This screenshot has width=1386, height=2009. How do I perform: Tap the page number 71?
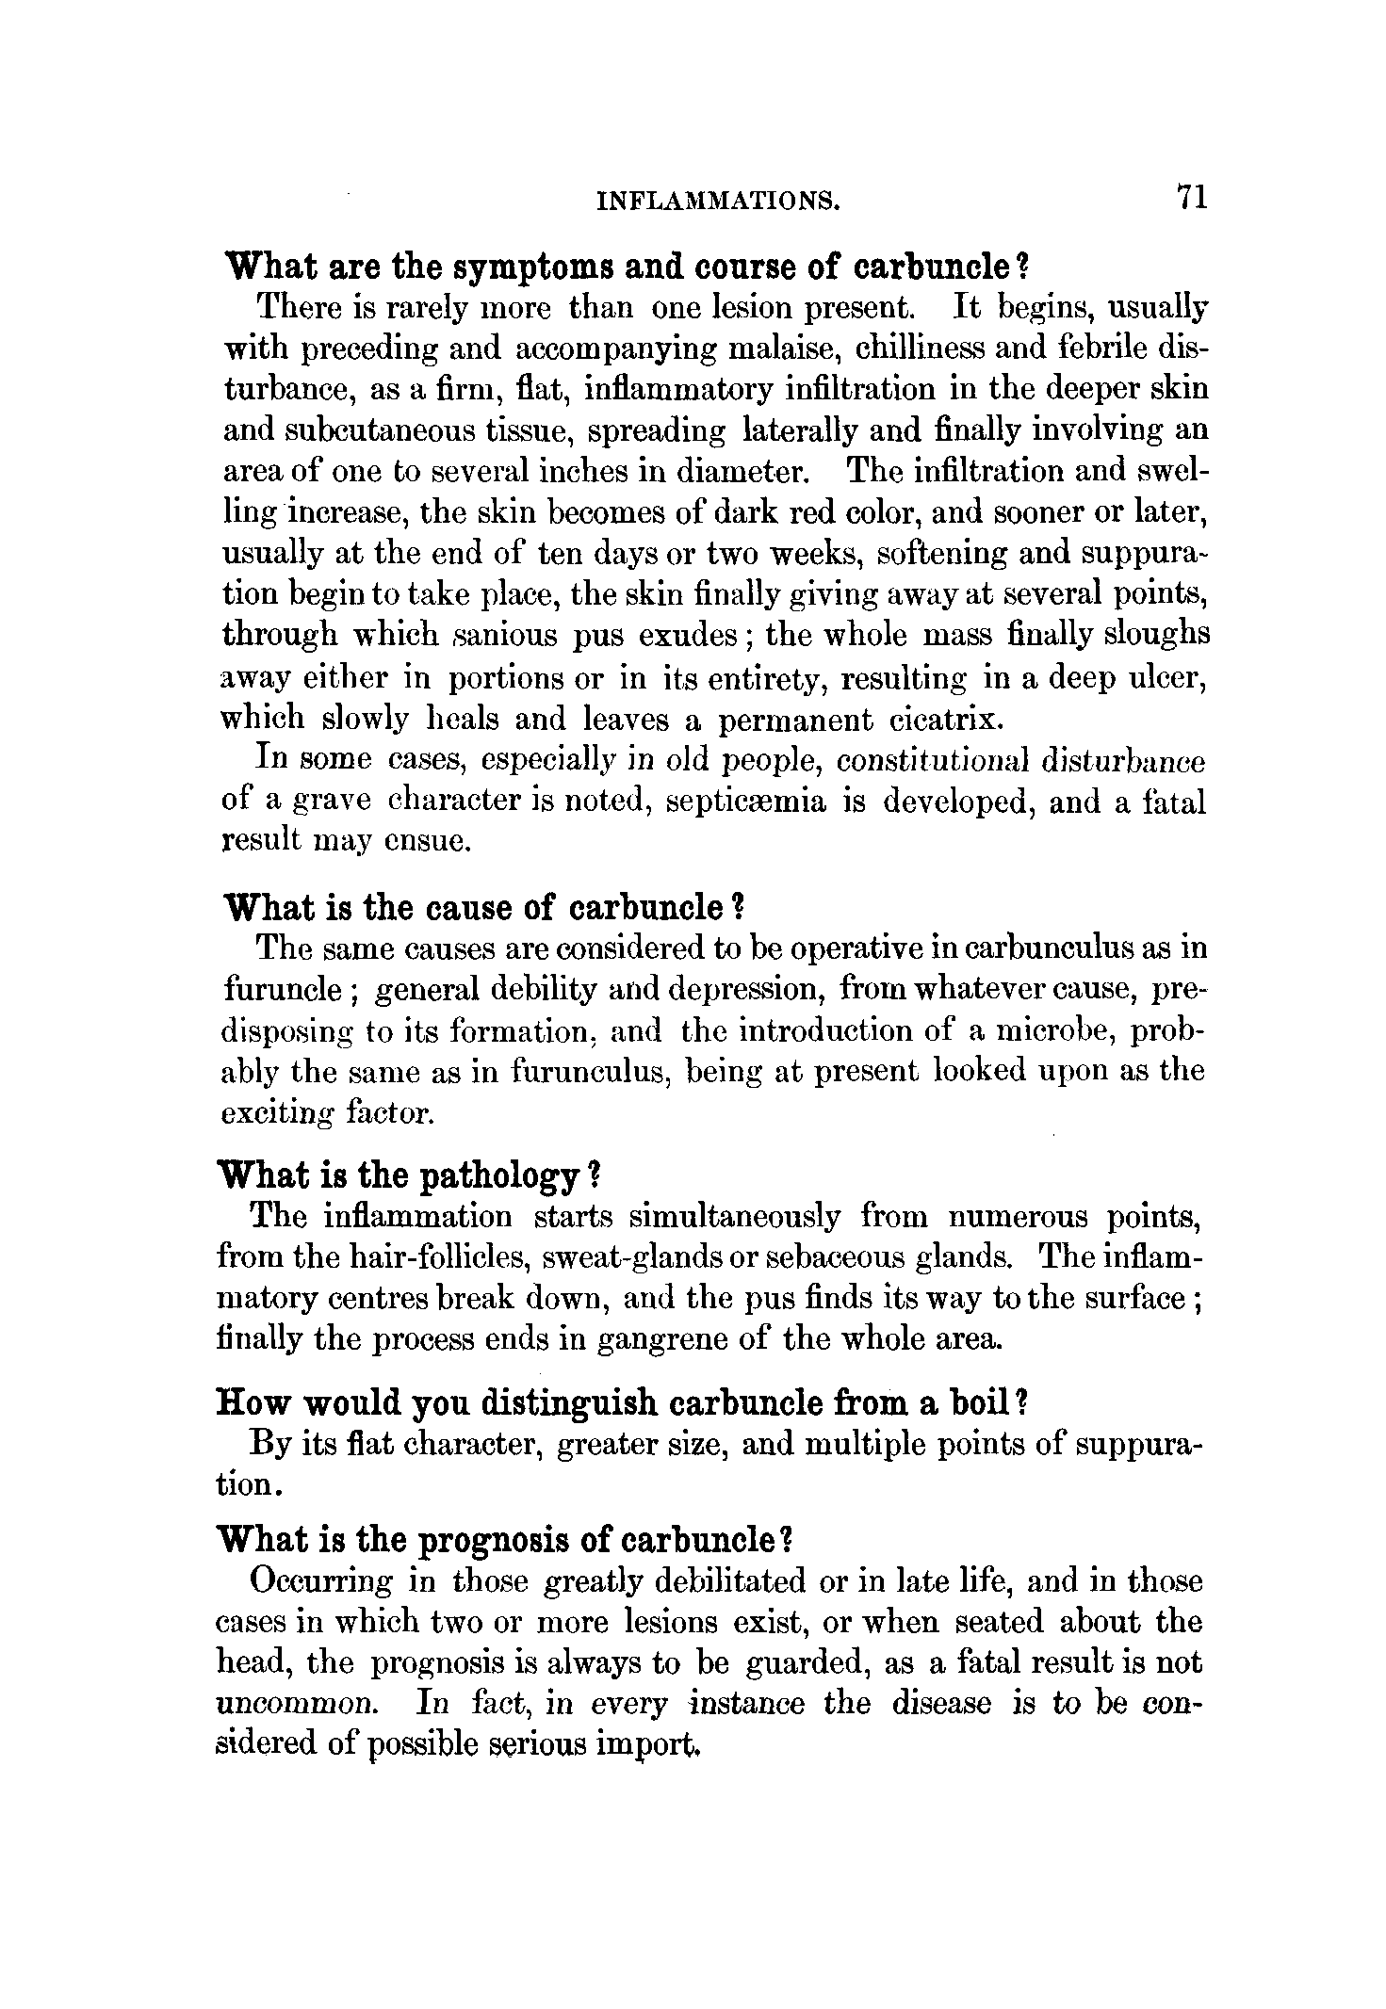(1191, 198)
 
